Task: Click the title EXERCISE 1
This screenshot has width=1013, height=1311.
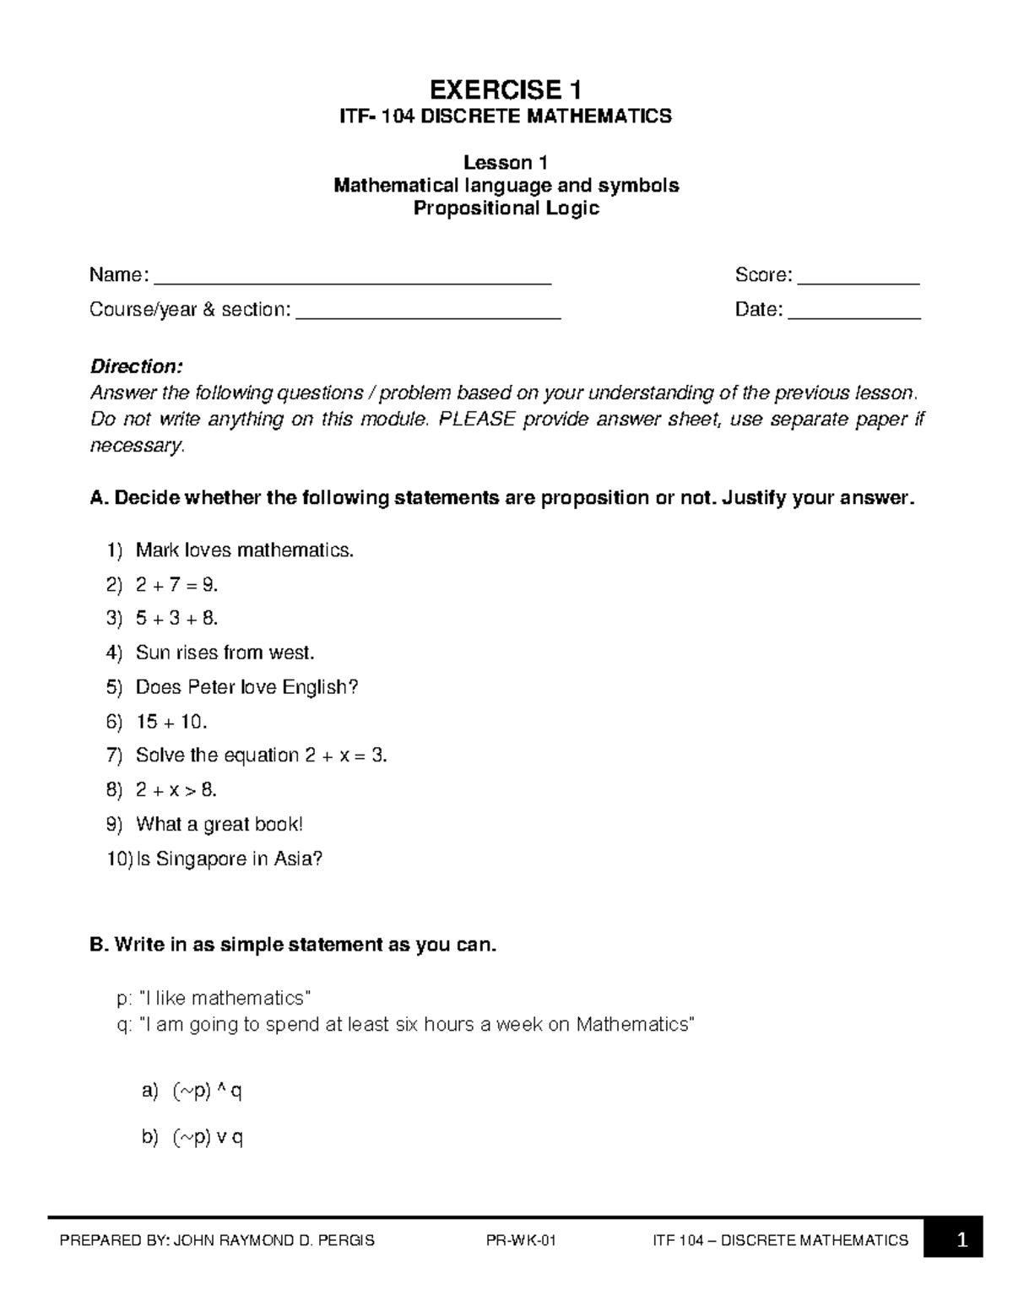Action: (x=506, y=89)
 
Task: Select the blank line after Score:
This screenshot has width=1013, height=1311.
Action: (x=858, y=279)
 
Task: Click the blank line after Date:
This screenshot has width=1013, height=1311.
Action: (x=853, y=313)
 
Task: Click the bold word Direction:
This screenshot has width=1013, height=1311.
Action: (x=136, y=366)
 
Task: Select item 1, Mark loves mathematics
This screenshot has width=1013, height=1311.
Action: (x=245, y=551)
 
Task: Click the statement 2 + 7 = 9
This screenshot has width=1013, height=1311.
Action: (x=176, y=585)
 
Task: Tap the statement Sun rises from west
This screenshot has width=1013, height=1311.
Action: (x=225, y=653)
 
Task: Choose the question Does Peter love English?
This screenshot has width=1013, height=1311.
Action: (x=246, y=687)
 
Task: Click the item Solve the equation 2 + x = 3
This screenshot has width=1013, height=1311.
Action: (x=261, y=756)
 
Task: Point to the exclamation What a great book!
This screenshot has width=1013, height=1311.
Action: (x=219, y=824)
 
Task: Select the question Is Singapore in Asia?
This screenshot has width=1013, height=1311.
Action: (x=229, y=859)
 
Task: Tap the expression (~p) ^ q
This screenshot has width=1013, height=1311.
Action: (x=207, y=1092)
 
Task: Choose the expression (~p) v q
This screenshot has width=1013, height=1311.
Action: (x=208, y=1138)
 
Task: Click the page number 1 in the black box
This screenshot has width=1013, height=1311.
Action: (x=961, y=1241)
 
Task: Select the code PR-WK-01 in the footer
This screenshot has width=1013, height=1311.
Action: (x=521, y=1241)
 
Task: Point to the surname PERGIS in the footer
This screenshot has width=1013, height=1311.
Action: (x=347, y=1241)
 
